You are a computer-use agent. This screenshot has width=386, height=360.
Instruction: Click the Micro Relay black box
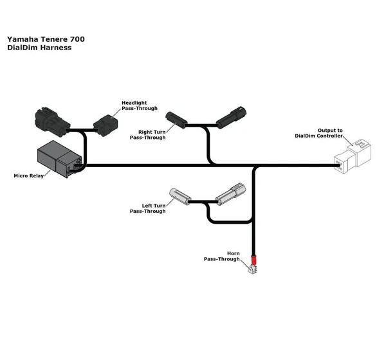click(59, 159)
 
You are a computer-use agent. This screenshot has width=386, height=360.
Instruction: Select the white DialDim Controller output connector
click(353, 156)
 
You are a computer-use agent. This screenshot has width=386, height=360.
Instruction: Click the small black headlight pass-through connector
click(106, 125)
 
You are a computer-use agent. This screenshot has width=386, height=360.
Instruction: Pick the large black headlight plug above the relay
click(53, 122)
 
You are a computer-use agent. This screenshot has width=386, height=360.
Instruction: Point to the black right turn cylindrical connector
click(176, 120)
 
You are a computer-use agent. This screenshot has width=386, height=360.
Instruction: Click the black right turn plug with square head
click(231, 118)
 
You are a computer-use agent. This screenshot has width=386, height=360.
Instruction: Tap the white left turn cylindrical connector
click(180, 196)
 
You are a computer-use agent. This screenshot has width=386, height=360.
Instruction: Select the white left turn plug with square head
click(230, 194)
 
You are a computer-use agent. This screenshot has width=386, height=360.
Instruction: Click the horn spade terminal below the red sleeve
click(253, 269)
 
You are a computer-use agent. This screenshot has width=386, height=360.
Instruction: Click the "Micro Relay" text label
click(28, 175)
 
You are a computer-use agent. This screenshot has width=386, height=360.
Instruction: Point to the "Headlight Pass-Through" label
click(140, 105)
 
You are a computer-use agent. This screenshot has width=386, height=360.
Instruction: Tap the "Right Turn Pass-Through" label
click(148, 135)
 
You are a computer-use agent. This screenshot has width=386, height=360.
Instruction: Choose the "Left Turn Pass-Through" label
click(148, 208)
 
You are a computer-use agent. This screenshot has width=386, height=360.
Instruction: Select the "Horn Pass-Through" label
click(221, 256)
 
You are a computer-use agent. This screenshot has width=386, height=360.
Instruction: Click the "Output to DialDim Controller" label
click(319, 133)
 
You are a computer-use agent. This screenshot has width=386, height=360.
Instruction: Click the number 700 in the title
click(77, 39)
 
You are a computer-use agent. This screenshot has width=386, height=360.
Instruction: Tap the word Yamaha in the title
click(23, 39)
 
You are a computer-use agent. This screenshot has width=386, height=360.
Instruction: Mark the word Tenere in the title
click(54, 39)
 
